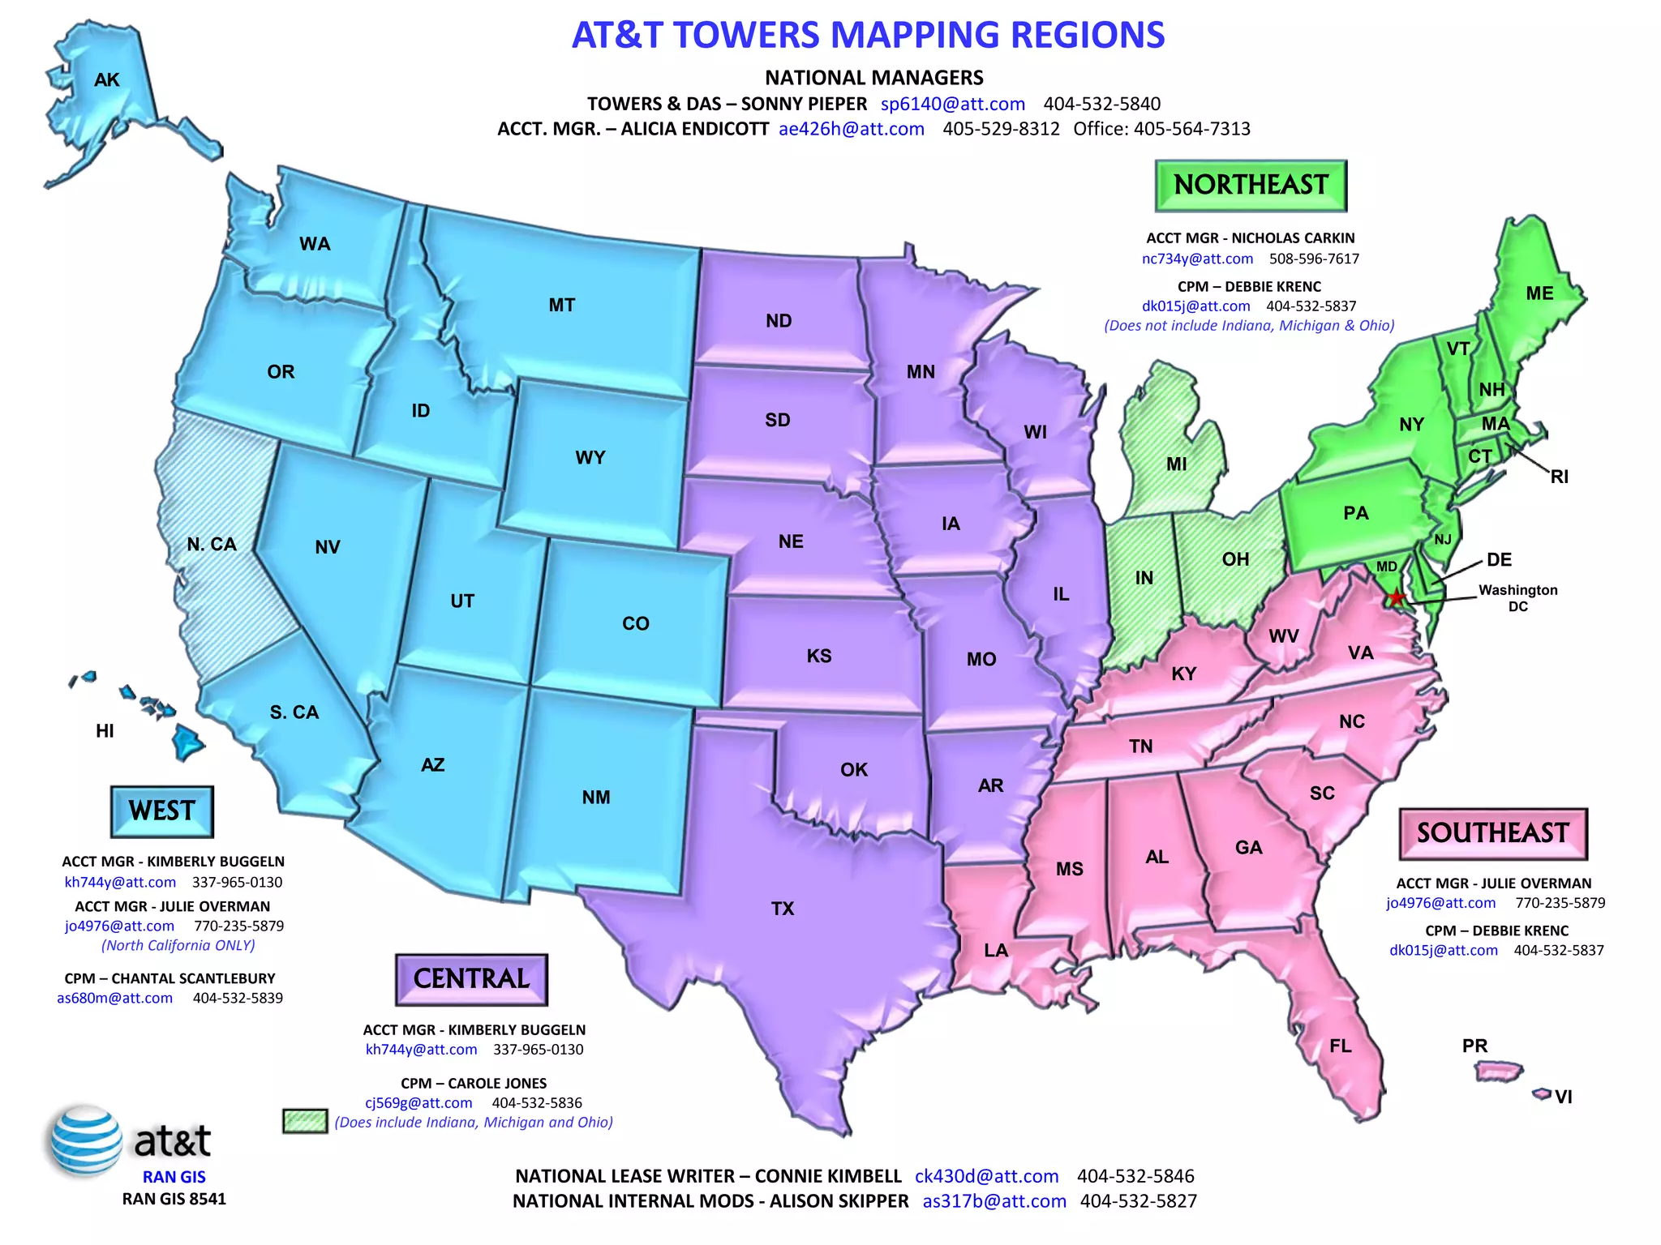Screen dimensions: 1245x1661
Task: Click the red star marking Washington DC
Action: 1396,598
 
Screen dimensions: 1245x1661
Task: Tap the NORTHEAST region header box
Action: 1251,186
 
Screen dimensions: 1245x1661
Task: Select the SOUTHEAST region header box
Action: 1492,833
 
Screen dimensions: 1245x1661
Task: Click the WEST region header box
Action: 162,811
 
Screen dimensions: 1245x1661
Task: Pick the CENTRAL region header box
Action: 471,979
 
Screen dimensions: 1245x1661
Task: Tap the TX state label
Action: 783,909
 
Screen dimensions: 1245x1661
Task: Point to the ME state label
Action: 1539,293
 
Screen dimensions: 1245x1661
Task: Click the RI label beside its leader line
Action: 1559,477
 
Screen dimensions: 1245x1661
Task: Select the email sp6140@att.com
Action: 953,104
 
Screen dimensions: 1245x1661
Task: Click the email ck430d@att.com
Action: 986,1176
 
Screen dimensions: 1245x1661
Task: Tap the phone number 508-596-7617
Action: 1314,259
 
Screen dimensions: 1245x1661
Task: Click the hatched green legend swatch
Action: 305,1121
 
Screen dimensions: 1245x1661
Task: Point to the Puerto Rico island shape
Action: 1498,1072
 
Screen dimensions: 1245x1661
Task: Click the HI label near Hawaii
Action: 105,731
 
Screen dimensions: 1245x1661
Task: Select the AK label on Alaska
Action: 106,79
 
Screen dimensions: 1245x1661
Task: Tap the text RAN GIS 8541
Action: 174,1199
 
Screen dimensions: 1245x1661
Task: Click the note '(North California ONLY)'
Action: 178,945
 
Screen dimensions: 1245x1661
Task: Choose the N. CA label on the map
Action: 212,545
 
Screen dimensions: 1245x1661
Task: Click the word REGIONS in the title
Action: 1079,36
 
